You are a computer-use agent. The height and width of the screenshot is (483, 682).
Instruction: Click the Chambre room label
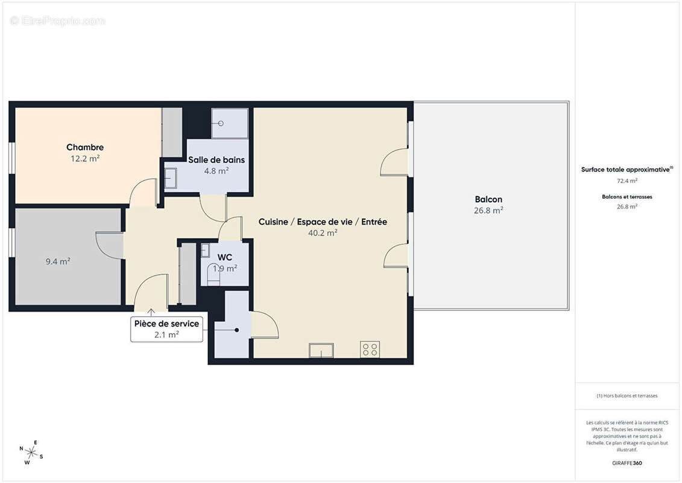[x=85, y=147]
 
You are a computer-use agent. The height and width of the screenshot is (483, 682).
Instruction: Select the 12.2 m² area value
[x=85, y=159]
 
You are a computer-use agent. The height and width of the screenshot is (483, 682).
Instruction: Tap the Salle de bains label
[x=216, y=160]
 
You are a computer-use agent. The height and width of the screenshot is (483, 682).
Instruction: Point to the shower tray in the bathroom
[x=229, y=123]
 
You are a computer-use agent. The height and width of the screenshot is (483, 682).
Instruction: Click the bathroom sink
[x=171, y=178]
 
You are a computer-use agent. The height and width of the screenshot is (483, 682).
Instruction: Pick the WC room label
[x=225, y=257]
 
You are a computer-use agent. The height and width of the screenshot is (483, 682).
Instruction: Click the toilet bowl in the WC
[x=213, y=277]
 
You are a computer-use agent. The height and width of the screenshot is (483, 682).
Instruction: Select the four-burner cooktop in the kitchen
[x=370, y=350]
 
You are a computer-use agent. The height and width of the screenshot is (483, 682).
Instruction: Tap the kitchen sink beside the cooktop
[x=321, y=350]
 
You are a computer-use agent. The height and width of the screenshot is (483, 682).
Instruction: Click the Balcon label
[x=488, y=199]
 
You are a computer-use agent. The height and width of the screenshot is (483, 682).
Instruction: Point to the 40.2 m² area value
[x=323, y=233]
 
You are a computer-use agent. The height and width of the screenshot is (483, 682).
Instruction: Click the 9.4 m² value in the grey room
[x=58, y=261]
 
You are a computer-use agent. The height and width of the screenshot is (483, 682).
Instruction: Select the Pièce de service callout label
[x=166, y=324]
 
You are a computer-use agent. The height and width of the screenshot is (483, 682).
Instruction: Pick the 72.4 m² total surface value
[x=627, y=180]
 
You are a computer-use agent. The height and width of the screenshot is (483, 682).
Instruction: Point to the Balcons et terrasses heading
[x=627, y=196]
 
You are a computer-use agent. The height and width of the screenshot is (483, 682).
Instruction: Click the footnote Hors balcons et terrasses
[x=627, y=395]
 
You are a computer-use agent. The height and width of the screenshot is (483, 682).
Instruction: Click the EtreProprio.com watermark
[x=57, y=21]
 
